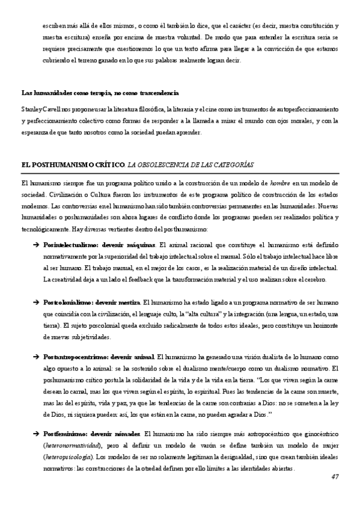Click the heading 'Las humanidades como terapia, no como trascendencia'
pyautogui.click(x=99, y=94)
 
